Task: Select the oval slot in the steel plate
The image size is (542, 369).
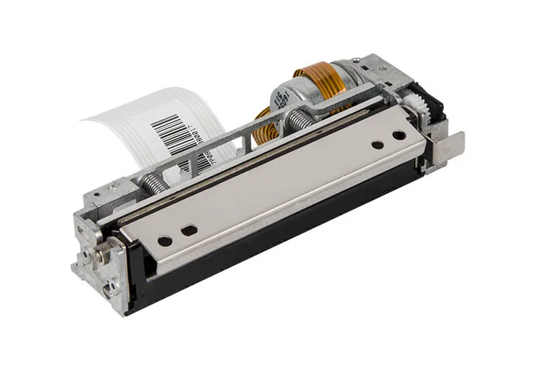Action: (x=189, y=229)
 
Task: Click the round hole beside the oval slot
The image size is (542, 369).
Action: (x=164, y=241)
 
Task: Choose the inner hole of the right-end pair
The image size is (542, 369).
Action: (x=378, y=145)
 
